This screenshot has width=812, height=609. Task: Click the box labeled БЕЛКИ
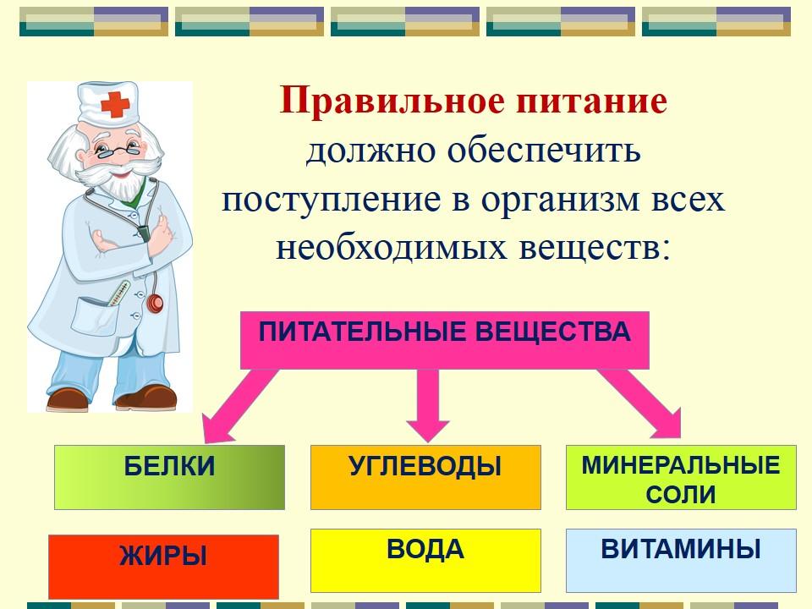169,477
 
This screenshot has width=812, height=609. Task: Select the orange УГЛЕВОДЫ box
425,477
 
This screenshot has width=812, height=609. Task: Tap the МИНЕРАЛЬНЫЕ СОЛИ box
681,477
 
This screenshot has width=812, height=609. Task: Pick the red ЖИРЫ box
163,567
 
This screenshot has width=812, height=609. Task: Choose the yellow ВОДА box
425,560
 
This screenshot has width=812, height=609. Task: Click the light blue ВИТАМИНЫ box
681,560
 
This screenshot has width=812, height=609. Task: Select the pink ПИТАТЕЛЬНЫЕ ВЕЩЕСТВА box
445,340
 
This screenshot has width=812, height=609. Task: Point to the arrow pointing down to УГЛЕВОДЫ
428,405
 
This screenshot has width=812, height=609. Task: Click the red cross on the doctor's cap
115,105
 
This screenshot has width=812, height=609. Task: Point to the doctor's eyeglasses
117,151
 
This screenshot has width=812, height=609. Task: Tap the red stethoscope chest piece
155,303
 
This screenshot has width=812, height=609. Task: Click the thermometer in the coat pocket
118,294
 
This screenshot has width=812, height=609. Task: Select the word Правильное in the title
392,101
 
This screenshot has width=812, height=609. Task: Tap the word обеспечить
544,151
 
